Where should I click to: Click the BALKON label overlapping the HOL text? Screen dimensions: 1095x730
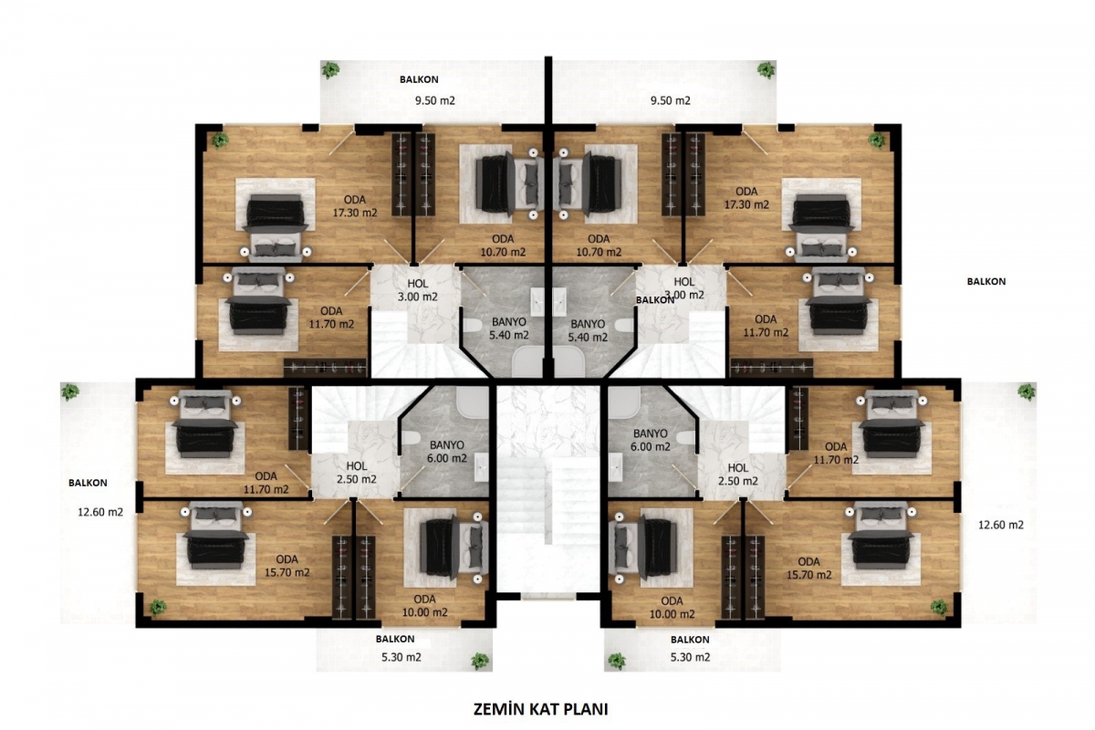(x=655, y=300)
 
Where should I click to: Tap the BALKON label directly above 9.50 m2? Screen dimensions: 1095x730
(x=419, y=79)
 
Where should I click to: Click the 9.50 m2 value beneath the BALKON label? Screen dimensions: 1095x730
(x=435, y=100)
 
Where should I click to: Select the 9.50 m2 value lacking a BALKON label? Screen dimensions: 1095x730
(x=670, y=100)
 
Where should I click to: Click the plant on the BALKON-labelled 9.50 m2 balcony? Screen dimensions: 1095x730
(x=331, y=70)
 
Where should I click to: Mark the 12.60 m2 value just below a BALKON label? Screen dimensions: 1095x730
(x=100, y=513)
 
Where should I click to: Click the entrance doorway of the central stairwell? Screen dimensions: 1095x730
(x=548, y=596)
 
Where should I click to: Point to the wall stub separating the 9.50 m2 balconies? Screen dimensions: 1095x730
(x=548, y=89)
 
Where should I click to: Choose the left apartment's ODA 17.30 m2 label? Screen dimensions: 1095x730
(x=355, y=206)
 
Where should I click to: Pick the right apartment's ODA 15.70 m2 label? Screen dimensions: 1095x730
(x=808, y=568)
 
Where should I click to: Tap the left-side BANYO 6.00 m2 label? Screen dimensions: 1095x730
(x=447, y=452)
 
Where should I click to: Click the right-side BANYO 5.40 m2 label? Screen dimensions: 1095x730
(x=588, y=330)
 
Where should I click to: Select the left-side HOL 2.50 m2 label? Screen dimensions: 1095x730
(x=357, y=473)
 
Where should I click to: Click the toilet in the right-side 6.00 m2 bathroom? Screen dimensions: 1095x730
(x=686, y=437)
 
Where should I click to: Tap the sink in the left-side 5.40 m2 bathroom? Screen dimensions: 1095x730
(x=537, y=302)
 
